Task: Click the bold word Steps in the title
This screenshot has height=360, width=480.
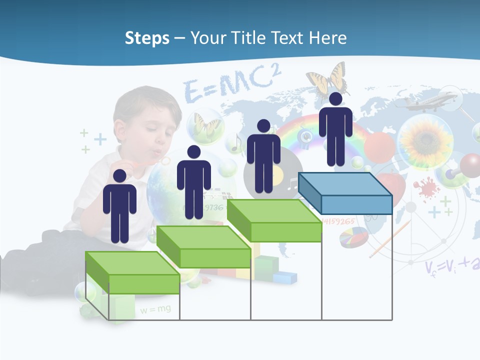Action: click(x=147, y=38)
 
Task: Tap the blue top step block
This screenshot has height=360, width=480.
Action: click(x=345, y=193)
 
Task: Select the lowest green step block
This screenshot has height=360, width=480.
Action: click(x=132, y=273)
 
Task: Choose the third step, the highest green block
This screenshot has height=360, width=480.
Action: click(x=274, y=220)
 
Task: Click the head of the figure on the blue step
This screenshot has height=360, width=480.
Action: click(x=335, y=99)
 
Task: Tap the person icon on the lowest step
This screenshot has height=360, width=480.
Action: click(x=119, y=206)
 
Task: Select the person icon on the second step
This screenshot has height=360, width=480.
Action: click(x=193, y=182)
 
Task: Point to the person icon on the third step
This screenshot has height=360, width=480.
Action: click(x=263, y=156)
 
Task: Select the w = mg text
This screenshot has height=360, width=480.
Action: click(x=155, y=309)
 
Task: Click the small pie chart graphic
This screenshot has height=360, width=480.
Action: click(x=353, y=236)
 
